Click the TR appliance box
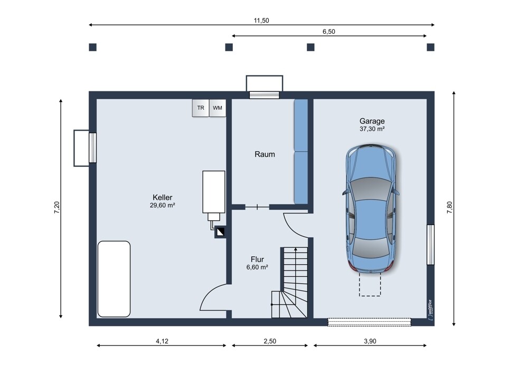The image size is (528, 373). click(201, 108)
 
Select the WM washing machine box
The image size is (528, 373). click(218, 108)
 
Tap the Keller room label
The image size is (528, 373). click(162, 198)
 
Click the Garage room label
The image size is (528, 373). click(372, 121)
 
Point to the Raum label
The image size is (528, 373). click(265, 154)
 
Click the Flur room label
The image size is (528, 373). click(257, 259)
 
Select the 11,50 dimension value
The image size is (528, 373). click(261, 21)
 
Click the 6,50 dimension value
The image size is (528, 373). click(329, 32)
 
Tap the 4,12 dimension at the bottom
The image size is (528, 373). click(162, 341)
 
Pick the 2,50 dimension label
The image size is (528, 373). click(270, 341)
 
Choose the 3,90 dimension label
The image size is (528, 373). click(370, 341)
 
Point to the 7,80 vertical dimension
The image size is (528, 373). click(449, 207)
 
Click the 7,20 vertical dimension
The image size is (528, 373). click(57, 207)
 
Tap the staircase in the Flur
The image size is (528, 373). click(289, 282)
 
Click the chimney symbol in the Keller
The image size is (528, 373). click(220, 232)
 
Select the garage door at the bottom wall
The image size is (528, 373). click(370, 322)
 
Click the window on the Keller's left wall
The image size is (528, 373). click(92, 148)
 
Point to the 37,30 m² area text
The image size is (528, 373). click(372, 129)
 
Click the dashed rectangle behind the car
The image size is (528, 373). click(370, 285)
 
